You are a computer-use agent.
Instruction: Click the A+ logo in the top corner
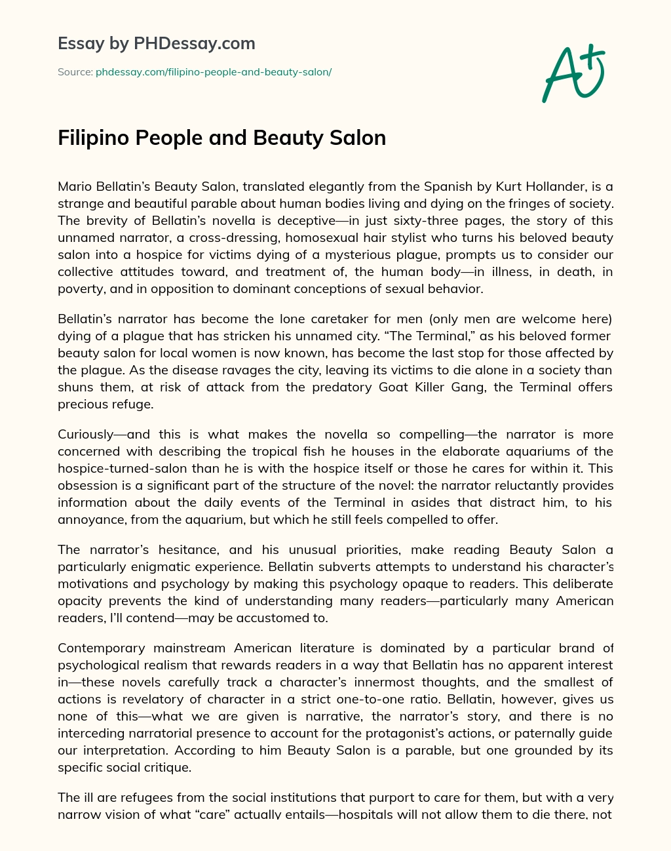(x=573, y=73)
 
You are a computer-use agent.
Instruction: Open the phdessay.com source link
(x=214, y=72)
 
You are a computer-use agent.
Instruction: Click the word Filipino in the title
(x=91, y=138)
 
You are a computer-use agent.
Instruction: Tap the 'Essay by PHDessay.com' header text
(x=157, y=44)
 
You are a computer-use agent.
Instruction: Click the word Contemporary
(x=102, y=648)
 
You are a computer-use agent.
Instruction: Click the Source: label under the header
(x=75, y=72)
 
